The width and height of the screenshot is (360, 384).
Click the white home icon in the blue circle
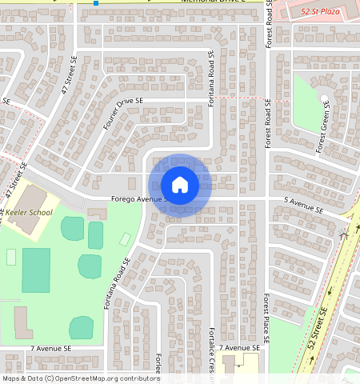pos(180,185)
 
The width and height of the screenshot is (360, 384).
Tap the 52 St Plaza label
pos(319,12)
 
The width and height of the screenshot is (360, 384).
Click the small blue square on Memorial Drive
pos(96,3)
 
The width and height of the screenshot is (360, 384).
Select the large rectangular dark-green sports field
pos(36,270)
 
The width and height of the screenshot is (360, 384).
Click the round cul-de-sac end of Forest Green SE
pos(324,100)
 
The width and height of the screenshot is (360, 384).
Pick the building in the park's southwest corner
pos(21,322)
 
